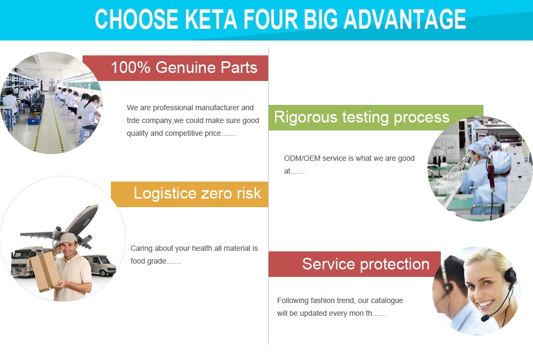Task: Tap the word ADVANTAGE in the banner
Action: (x=405, y=19)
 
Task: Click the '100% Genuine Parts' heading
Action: (x=184, y=67)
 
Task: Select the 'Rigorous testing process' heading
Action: (x=362, y=118)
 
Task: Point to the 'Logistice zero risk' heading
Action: (x=197, y=193)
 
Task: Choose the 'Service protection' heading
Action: (x=366, y=264)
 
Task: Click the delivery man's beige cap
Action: (x=68, y=238)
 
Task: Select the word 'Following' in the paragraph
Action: (x=293, y=300)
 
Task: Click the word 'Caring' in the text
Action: (x=141, y=249)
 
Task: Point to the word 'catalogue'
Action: (x=387, y=300)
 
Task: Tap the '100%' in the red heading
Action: (x=131, y=67)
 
